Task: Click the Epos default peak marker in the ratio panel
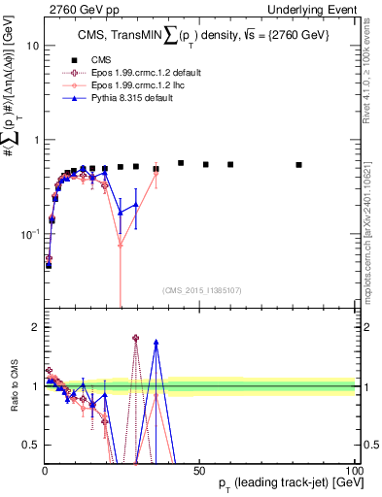[135, 338]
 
